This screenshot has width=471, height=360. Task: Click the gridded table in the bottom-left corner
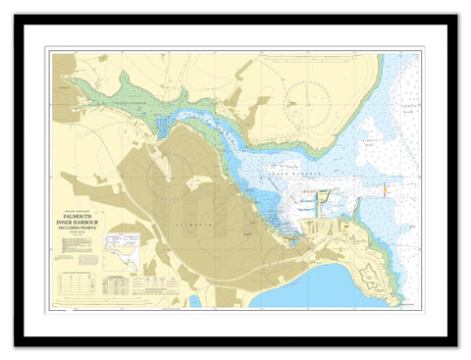81,284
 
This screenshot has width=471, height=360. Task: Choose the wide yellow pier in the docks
324,201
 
